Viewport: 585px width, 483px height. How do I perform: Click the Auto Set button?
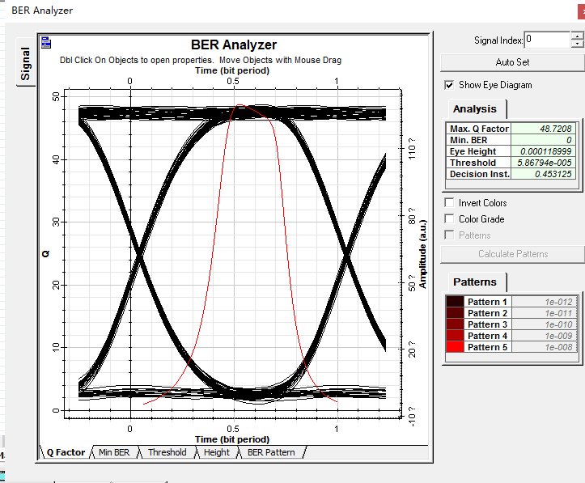511,61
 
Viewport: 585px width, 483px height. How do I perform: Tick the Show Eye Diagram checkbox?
450,85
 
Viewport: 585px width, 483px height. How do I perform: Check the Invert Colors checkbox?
450,202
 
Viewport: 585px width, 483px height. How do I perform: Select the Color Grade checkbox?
450,218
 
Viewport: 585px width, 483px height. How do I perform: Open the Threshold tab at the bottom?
167,452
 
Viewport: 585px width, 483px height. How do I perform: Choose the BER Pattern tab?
271,452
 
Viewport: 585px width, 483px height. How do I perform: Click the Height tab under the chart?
216,452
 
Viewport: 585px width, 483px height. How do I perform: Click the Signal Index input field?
547,39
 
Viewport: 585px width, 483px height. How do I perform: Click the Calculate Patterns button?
512,254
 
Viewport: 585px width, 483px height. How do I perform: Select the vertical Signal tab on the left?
26,64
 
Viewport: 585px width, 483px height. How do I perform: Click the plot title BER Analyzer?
233,45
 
